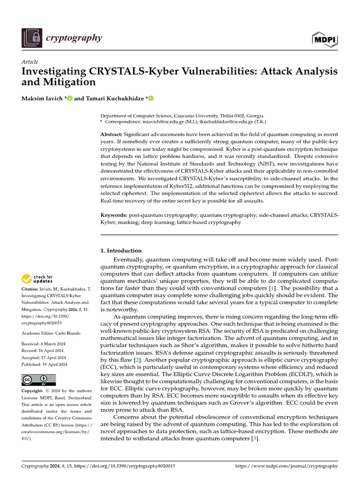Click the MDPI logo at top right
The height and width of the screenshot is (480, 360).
point(325,39)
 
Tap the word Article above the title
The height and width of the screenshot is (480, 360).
point(30,62)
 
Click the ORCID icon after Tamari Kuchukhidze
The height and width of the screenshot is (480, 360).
point(151,98)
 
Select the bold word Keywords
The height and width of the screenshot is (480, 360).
point(114,215)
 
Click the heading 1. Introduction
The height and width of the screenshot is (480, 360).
point(121,250)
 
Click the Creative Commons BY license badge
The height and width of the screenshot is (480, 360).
point(38,379)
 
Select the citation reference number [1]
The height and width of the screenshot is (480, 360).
point(272,288)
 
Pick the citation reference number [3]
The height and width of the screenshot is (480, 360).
point(255,439)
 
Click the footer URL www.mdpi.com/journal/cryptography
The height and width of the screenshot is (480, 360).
point(286,466)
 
